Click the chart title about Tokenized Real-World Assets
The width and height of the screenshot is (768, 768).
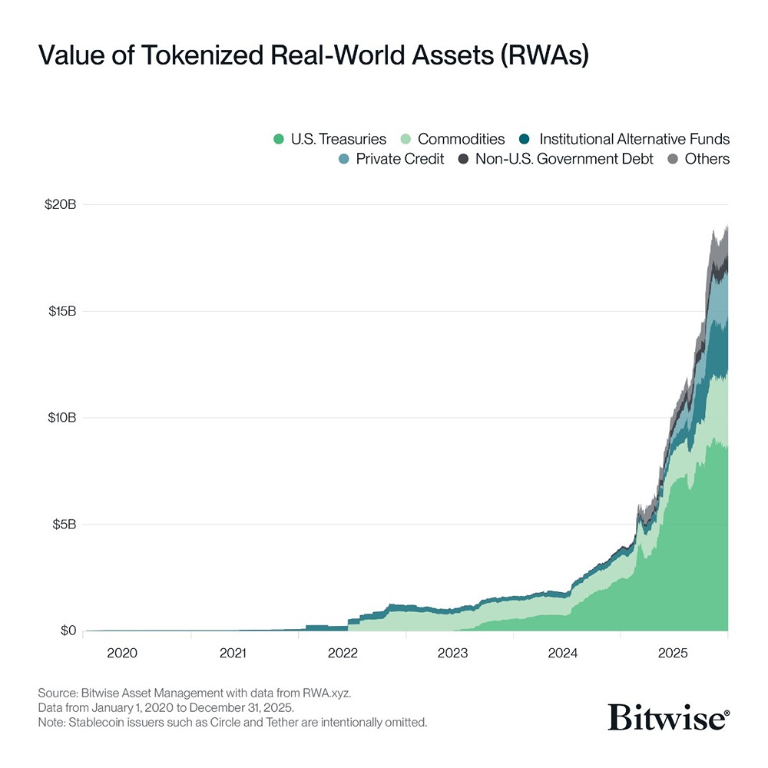pyautogui.click(x=313, y=57)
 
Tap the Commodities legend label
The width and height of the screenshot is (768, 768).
pyautogui.click(x=461, y=140)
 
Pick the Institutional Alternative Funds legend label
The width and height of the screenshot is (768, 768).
pyautogui.click(x=634, y=140)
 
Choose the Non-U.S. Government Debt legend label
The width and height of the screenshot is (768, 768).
pyautogui.click(x=564, y=160)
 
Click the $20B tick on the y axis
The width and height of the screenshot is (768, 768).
pyautogui.click(x=61, y=205)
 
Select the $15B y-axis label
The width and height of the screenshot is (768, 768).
pyautogui.click(x=61, y=312)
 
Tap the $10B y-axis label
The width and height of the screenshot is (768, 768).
pyautogui.click(x=61, y=418)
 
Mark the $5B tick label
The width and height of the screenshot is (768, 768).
pyautogui.click(x=64, y=525)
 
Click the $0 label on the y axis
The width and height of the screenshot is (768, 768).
pyautogui.click(x=68, y=631)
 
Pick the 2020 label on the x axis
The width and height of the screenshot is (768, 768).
pyautogui.click(x=122, y=654)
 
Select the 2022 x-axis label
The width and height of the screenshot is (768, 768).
pyautogui.click(x=343, y=654)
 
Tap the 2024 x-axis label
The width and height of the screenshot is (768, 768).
pyautogui.click(x=563, y=654)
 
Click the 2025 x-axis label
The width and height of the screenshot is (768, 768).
pyautogui.click(x=674, y=654)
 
